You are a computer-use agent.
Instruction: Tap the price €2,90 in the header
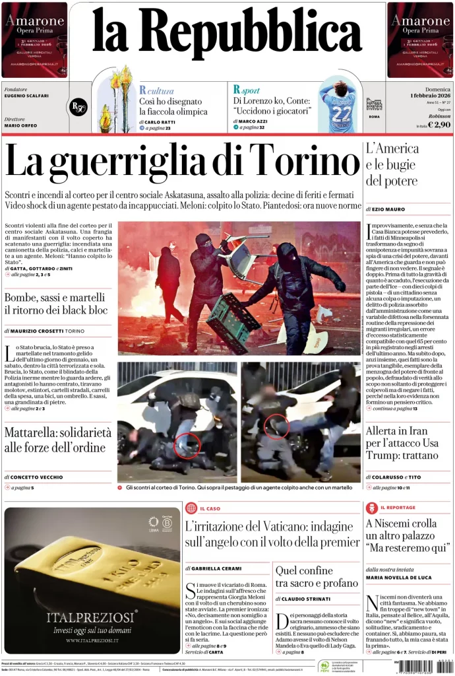[439, 124]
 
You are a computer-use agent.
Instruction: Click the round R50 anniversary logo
[78, 107]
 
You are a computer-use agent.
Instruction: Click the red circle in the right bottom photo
[276, 426]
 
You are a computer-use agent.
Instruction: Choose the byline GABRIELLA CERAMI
[214, 568]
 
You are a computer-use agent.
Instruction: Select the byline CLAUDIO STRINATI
[308, 599]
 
